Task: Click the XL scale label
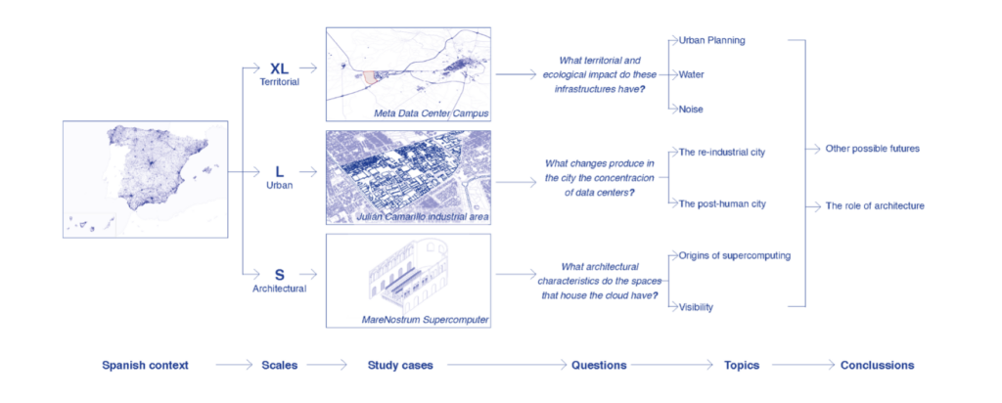pos(280,68)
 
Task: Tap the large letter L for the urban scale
pos(280,171)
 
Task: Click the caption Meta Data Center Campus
pos(430,112)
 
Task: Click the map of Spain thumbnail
pos(145,179)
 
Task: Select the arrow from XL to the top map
pos(307,68)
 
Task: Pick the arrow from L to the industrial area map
pos(307,171)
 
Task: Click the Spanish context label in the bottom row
pos(145,365)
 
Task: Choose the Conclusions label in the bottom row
pos(877,365)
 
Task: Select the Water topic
pos(692,74)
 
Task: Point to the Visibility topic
pos(696,307)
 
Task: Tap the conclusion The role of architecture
pos(875,206)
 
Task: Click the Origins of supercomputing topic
pos(735,255)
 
